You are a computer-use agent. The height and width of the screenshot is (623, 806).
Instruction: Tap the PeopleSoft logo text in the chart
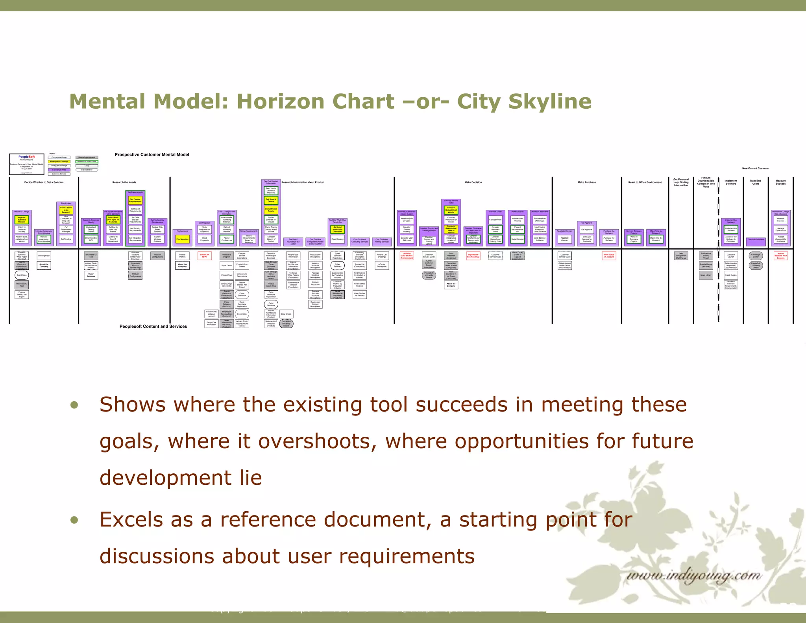point(26,157)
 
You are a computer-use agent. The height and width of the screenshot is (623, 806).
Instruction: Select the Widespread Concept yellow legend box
point(59,161)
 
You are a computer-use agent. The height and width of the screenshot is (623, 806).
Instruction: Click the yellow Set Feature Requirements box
point(135,200)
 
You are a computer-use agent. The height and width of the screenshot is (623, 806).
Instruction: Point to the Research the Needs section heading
point(124,182)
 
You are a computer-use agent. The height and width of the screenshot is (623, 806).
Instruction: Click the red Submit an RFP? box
point(204,256)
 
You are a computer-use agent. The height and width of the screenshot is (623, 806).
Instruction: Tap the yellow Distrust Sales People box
point(271,210)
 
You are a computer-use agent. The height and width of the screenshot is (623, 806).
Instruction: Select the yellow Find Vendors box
point(182,239)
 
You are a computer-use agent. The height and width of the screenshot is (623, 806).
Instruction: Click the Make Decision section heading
point(473,182)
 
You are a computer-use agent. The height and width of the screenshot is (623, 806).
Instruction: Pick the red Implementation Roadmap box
point(473,256)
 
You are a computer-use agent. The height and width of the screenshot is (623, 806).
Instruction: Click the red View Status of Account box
point(609,256)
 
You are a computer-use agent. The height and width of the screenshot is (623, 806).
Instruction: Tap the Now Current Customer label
point(755,168)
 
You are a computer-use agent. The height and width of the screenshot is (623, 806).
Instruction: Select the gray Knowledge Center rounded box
point(756,256)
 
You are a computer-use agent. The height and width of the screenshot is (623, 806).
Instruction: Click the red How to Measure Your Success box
point(780,256)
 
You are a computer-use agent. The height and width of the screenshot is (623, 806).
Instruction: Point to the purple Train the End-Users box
point(756,239)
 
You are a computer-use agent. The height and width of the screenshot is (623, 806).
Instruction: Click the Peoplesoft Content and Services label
point(153,326)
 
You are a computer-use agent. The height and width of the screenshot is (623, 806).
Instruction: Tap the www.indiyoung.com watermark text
point(693,576)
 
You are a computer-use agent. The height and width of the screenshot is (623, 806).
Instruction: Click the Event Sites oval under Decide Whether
point(22,275)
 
